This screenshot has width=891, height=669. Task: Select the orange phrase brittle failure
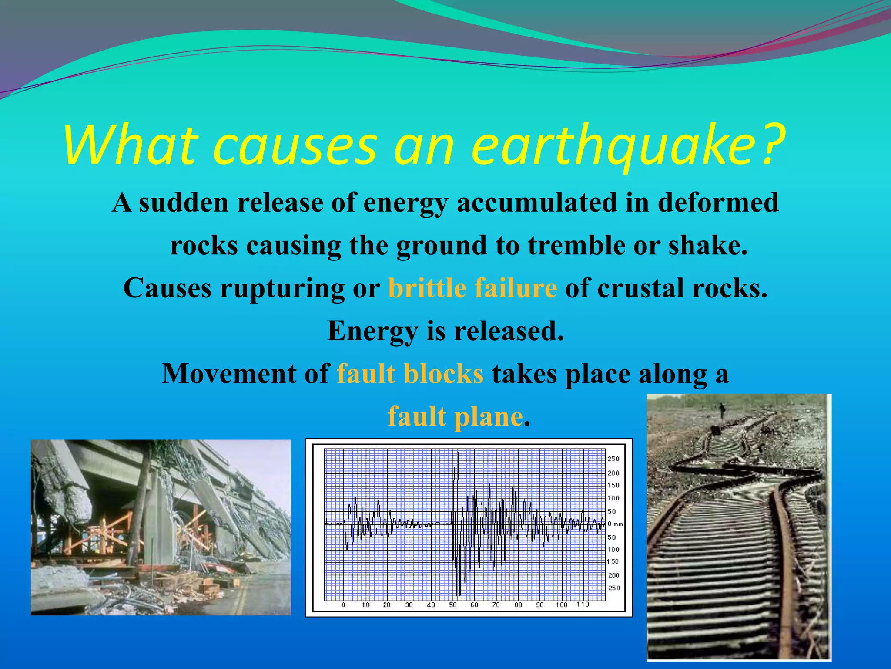coord(472,288)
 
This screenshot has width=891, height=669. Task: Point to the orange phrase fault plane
coord(455,417)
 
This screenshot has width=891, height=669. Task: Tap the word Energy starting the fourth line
coord(372,331)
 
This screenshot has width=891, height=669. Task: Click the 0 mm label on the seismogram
coord(615,524)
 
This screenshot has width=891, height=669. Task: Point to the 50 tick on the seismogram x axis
coord(453,605)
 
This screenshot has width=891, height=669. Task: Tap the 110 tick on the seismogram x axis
coord(583,605)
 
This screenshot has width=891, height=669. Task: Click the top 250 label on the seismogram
coord(613,459)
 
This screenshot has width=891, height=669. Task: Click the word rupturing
coord(282,288)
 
